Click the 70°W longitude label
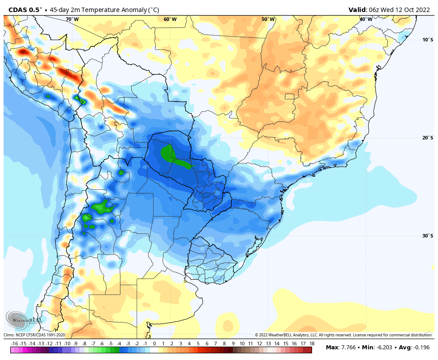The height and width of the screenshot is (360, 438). [x=72, y=19]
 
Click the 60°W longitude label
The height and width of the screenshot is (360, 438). [x=170, y=19]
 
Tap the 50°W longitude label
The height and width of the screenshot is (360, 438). [x=268, y=19]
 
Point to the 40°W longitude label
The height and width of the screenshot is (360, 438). [x=365, y=19]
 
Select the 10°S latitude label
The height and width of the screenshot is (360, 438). [x=427, y=40]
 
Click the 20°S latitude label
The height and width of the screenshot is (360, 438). [x=427, y=138]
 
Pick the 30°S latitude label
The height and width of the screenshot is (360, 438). [x=427, y=236]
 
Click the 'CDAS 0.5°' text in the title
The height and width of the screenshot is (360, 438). [x=23, y=9]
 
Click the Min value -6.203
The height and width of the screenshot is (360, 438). [x=385, y=347]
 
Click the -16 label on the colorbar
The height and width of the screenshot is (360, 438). [x=15, y=344]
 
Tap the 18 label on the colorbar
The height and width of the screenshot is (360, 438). [x=312, y=344]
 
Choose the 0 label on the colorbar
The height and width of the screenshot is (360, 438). [x=154, y=344]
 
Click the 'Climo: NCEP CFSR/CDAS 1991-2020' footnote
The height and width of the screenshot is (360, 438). [x=35, y=335]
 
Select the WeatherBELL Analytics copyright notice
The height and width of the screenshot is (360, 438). [x=343, y=335]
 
